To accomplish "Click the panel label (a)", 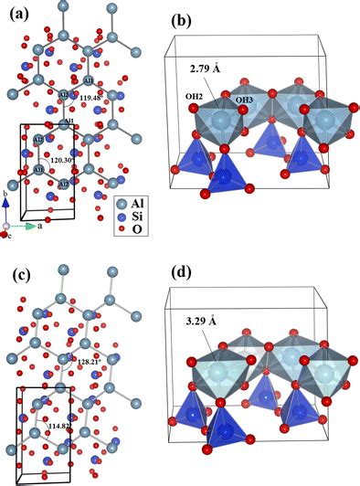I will tap(17, 15).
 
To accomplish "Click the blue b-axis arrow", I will tap(7, 210).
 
